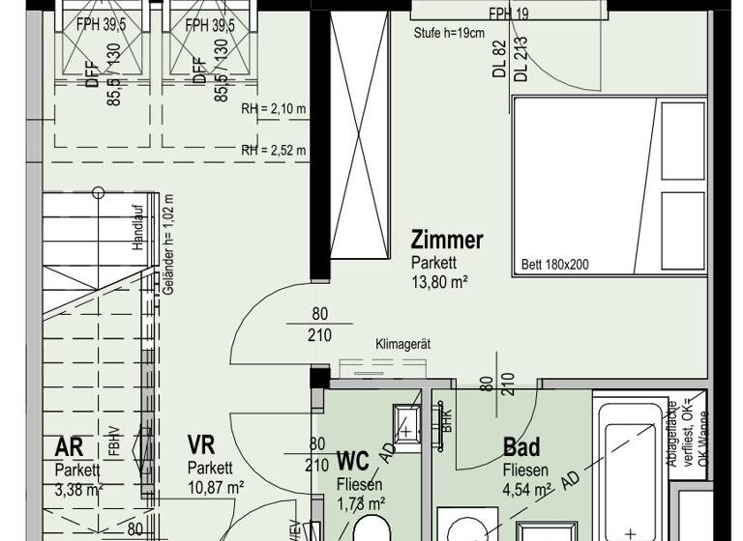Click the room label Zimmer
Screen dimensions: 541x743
(x=446, y=241)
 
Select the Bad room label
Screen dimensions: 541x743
(x=521, y=448)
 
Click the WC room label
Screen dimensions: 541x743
(x=352, y=461)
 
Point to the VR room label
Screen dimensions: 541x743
(x=201, y=445)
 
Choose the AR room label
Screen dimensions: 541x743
(x=70, y=447)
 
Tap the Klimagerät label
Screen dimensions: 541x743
(x=401, y=344)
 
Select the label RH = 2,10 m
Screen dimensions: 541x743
(x=274, y=109)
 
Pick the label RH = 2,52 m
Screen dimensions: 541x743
(x=274, y=150)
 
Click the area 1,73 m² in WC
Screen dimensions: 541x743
(x=361, y=503)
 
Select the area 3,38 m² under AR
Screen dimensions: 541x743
(x=78, y=490)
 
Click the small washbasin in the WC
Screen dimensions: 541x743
(x=405, y=420)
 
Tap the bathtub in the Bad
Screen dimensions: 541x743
(x=629, y=464)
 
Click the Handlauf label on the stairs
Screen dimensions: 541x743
(x=138, y=231)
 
